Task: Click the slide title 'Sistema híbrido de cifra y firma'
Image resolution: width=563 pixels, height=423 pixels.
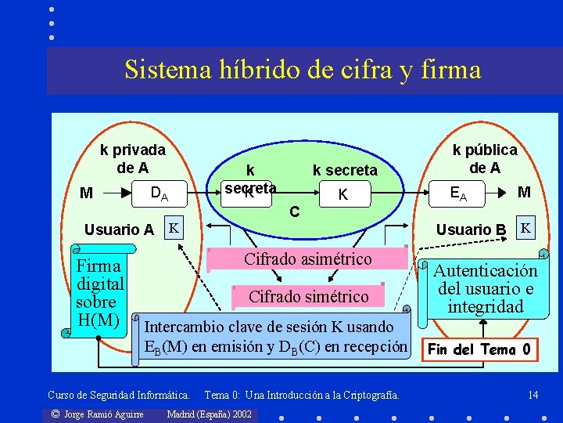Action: point(303,70)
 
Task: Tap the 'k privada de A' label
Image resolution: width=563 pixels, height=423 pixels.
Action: point(132,158)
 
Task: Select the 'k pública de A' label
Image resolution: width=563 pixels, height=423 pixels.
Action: point(485,158)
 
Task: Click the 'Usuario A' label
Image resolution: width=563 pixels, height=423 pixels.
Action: point(119,230)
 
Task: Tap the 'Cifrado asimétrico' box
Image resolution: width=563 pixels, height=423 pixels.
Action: point(307,259)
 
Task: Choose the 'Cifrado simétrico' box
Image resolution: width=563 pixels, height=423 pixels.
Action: point(307,296)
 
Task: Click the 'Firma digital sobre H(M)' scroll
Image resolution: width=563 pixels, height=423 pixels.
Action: point(99,291)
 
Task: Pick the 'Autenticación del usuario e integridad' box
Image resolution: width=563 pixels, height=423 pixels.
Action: point(486,288)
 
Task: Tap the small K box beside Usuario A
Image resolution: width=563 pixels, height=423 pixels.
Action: point(174,227)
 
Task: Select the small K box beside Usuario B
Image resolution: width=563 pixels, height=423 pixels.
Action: point(526,227)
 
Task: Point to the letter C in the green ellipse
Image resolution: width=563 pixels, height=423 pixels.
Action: point(293,211)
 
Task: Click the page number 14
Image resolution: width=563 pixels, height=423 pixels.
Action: point(533,395)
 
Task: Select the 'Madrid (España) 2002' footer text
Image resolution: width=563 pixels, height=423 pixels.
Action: point(210,414)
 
